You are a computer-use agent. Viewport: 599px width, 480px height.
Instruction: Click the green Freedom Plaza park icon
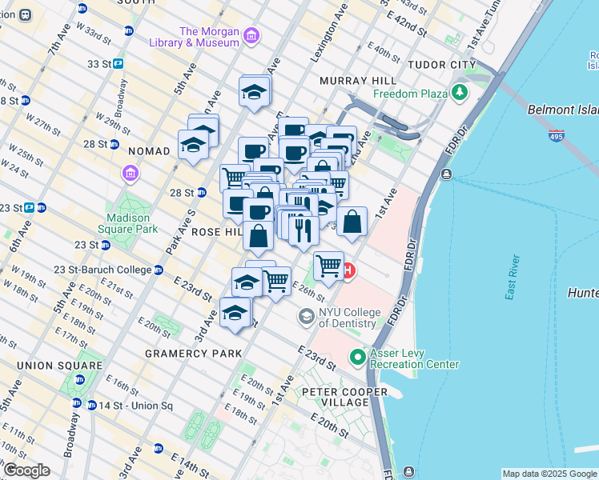(460, 94)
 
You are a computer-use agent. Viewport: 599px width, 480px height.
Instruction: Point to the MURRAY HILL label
(357, 81)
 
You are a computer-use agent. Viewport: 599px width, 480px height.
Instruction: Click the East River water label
(513, 278)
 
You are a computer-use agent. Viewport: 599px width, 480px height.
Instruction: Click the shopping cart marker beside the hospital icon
(328, 266)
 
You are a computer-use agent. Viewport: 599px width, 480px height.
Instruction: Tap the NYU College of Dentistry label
(348, 318)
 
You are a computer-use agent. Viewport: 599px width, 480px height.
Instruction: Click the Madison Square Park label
(127, 223)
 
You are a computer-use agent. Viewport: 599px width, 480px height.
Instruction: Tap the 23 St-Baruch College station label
(103, 270)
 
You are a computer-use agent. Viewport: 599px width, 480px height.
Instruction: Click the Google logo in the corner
(26, 470)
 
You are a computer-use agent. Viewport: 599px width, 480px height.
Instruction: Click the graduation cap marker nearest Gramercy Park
(234, 313)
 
